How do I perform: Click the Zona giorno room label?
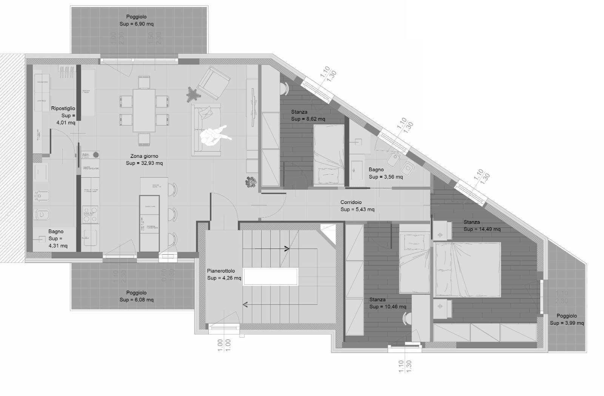pos(144,156)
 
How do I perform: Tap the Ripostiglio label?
pos(63,109)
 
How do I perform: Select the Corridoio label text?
pos(351,203)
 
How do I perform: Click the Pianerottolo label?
pos(221,271)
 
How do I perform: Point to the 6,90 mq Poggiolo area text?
pos(137,24)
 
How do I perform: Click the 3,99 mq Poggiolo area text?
pos(567,323)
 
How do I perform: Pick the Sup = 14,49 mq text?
pos(482,229)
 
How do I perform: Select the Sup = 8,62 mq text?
pos(308,119)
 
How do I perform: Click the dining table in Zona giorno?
pos(144,110)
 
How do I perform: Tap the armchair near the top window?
pos(214,83)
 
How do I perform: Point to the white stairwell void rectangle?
pos(270,277)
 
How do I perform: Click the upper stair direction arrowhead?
pos(287,249)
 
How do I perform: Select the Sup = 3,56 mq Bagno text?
pos(385,177)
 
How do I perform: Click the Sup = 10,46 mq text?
pos(388,307)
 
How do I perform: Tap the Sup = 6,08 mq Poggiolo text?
pos(137,300)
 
